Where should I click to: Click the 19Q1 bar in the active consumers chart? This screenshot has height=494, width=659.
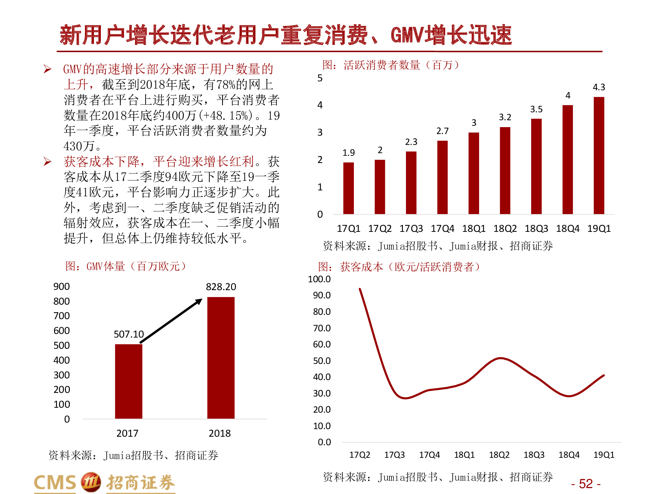[x=599, y=155]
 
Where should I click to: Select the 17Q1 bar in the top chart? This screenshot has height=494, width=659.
[x=348, y=188]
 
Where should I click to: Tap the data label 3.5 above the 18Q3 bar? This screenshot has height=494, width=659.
[x=536, y=109]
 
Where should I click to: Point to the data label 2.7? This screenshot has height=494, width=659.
[x=442, y=131]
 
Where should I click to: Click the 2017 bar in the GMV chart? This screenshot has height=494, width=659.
[x=129, y=381]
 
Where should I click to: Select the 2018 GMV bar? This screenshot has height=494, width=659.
[x=221, y=358]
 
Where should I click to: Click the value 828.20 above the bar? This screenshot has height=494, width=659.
[x=221, y=287]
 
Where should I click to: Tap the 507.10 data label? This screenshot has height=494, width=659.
[x=129, y=334]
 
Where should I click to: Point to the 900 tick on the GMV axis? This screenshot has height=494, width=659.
[x=62, y=287]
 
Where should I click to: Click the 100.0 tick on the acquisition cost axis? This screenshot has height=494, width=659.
[x=319, y=279]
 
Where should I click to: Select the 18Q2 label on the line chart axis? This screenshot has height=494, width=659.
[x=499, y=455]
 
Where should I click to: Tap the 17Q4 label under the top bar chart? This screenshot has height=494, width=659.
[x=442, y=229]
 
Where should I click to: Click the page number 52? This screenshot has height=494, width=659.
[x=586, y=484]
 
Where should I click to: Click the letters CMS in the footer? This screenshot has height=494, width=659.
[x=55, y=483]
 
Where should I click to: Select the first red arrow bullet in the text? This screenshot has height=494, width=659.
[x=47, y=69]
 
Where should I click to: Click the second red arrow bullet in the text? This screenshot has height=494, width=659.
[x=47, y=162]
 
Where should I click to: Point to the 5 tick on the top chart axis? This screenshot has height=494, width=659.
[x=320, y=78]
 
